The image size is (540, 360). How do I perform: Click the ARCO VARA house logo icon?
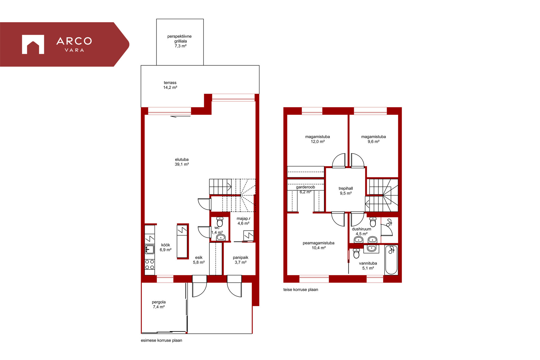click(33, 44)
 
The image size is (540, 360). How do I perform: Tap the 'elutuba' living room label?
click(182, 159)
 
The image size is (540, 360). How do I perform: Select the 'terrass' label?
click(170, 83)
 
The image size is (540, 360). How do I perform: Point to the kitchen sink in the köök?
click(150, 249)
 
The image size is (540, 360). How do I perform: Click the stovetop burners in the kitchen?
click(150, 265)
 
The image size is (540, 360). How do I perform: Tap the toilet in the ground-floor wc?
click(220, 222)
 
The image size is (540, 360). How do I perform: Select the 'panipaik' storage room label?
click(240, 258)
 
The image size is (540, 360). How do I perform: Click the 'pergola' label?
click(159, 302)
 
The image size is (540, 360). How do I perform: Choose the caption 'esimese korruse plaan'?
click(161, 340)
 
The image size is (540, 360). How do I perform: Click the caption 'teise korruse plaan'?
click(301, 289)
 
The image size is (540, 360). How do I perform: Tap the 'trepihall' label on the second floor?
click(346, 188)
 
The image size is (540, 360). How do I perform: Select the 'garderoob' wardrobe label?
click(305, 187)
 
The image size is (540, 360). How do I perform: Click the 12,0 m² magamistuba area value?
click(318, 142)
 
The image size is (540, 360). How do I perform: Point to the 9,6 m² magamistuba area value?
click(373, 142)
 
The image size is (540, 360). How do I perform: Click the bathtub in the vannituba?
click(391, 260)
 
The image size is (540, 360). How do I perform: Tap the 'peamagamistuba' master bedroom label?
click(319, 243)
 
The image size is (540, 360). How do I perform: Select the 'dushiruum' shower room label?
click(361, 229)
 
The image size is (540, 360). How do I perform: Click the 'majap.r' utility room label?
click(243, 219)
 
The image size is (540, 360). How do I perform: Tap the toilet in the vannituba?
click(356, 253)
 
